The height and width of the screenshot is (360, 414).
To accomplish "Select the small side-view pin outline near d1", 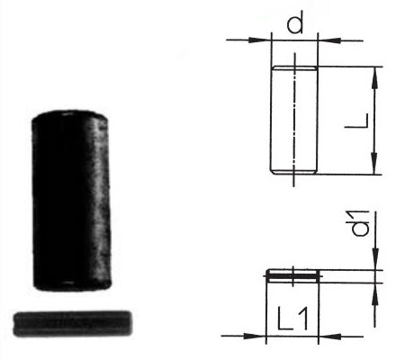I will (x=293, y=275).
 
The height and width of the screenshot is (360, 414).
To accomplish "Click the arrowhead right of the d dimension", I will (x=325, y=40).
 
